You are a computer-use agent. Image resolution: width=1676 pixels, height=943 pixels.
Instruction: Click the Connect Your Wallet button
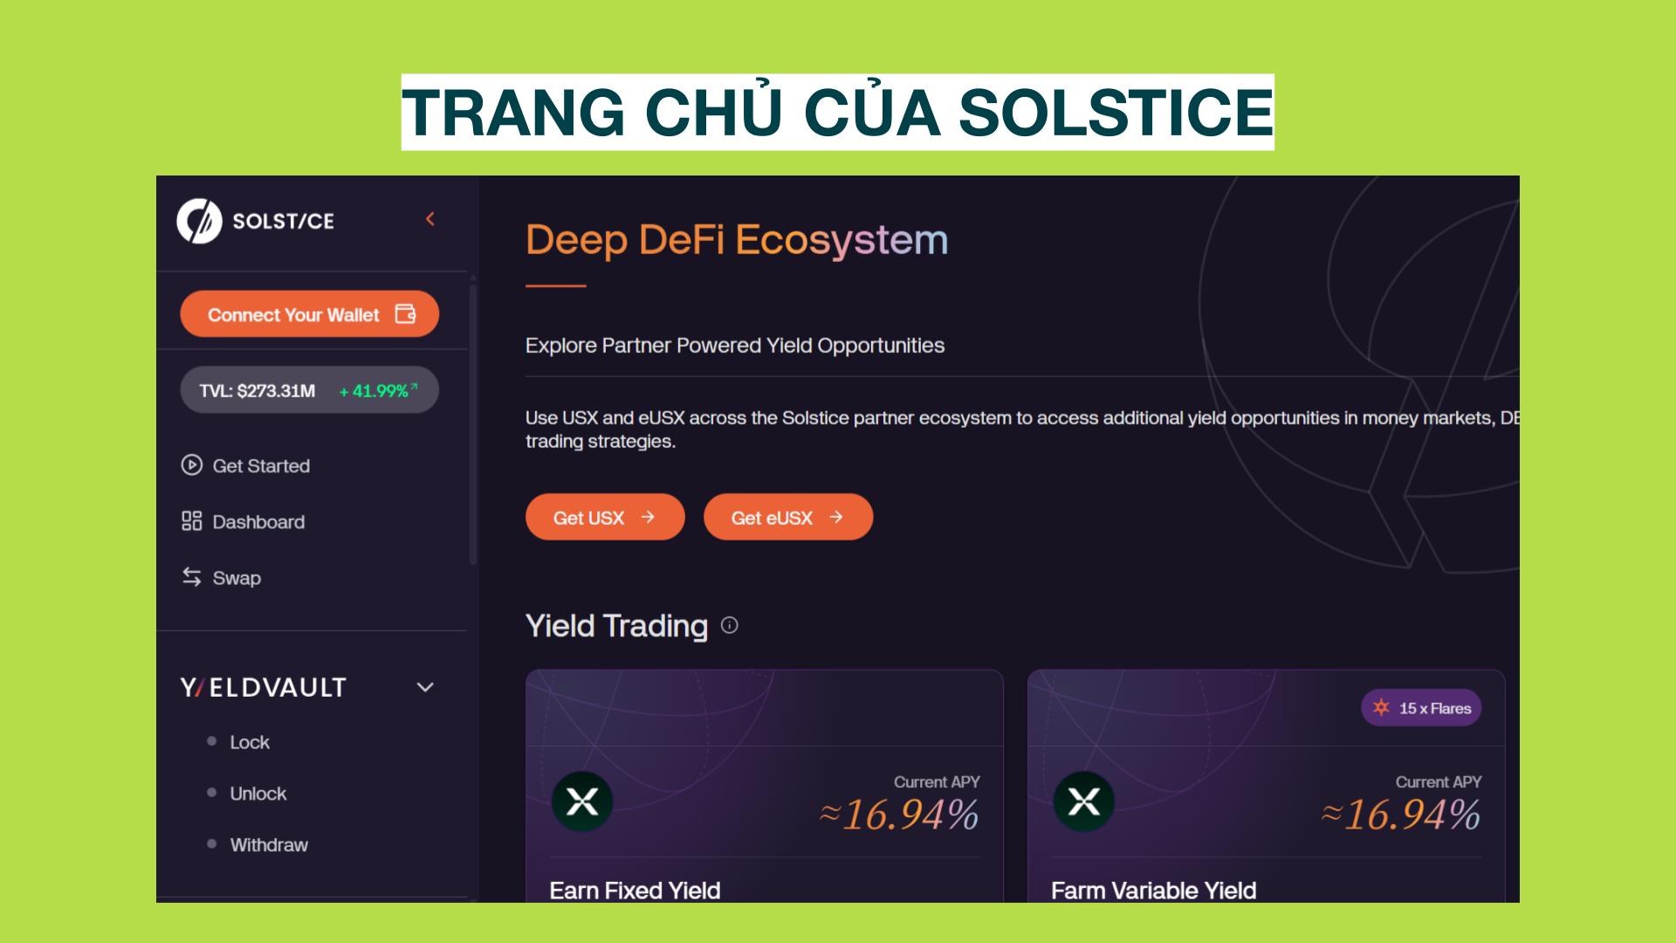coord(309,314)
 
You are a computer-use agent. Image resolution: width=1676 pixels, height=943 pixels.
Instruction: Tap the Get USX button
coord(605,517)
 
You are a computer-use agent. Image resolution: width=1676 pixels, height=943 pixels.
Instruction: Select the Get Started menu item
coord(245,465)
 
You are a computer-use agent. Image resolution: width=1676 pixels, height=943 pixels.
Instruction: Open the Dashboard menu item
coord(243,521)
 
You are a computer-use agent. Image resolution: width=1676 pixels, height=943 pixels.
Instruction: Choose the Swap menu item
coord(221,577)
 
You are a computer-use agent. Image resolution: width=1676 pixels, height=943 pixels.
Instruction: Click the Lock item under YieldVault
coord(249,742)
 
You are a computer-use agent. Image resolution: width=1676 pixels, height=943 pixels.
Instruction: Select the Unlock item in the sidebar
coord(258,794)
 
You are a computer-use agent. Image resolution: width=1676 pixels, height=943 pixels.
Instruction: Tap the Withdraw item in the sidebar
coord(268,844)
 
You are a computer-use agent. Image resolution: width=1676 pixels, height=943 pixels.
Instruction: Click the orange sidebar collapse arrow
coord(429,219)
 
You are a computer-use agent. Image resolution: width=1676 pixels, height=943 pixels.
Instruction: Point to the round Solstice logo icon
coord(199,221)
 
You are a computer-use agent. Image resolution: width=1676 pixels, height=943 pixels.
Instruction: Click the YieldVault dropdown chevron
coord(425,687)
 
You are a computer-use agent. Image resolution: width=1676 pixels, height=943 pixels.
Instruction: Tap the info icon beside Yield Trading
coord(730,625)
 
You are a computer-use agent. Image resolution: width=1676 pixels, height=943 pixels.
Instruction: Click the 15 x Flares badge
coord(1421,708)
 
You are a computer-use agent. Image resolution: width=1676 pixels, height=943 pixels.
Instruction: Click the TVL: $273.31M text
coord(257,391)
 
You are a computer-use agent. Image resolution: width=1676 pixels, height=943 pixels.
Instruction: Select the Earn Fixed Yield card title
coord(635,891)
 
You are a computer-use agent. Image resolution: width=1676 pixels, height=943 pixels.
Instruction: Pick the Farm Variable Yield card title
coord(1153,891)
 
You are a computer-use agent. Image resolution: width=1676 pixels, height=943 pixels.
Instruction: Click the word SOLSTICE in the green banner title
coord(1116,113)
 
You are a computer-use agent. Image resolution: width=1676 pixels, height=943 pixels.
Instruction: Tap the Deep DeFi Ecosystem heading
coord(737,240)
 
